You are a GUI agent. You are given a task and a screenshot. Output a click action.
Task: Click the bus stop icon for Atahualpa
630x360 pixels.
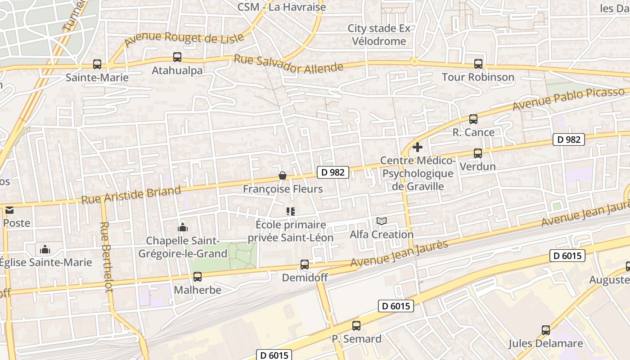click(x=177, y=57)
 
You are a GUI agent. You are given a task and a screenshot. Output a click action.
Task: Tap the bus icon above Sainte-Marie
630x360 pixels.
click(x=97, y=64)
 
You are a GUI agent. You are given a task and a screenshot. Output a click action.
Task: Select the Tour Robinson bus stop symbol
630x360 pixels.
click(x=478, y=64)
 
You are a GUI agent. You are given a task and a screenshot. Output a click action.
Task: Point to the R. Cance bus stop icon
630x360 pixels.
click(x=473, y=119)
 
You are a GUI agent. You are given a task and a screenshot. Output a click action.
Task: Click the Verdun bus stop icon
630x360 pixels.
click(x=478, y=153)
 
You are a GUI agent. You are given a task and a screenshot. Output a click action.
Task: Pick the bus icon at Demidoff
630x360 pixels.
click(x=305, y=265)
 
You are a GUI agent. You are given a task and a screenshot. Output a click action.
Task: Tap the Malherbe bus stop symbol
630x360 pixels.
click(x=198, y=277)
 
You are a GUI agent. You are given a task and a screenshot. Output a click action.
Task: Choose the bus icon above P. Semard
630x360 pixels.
click(x=356, y=325)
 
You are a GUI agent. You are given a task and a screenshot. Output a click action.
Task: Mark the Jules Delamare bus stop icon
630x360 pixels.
click(x=546, y=330)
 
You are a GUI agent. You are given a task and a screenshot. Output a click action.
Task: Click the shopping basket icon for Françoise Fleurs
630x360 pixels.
click(x=283, y=175)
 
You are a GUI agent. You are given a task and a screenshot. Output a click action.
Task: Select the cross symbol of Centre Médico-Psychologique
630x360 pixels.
click(x=418, y=147)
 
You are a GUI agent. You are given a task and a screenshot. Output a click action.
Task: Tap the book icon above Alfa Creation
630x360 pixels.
click(x=382, y=221)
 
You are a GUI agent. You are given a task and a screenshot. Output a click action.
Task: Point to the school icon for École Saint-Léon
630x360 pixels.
click(x=291, y=211)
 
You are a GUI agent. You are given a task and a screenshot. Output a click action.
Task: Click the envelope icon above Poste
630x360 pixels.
click(x=9, y=210)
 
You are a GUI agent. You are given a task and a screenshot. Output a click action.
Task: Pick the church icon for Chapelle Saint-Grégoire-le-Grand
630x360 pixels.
click(x=182, y=227)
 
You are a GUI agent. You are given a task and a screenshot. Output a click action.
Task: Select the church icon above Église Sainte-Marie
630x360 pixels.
click(x=45, y=249)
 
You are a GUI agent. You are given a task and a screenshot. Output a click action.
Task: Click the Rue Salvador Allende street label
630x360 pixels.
click(x=288, y=64)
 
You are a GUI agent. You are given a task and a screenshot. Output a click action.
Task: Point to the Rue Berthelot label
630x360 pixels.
click(x=106, y=257)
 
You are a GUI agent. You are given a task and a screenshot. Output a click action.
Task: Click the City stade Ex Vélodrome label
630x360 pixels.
click(x=379, y=35)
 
